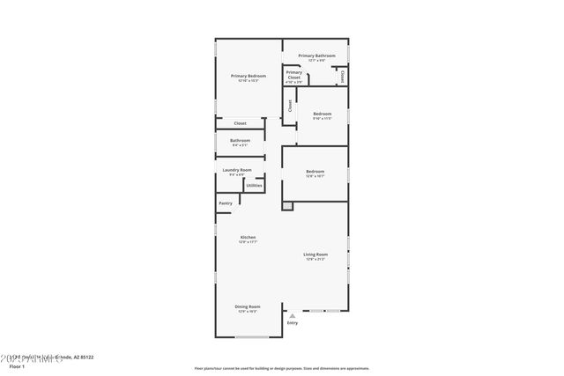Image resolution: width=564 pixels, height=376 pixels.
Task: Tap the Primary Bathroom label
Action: pyautogui.click(x=316, y=55)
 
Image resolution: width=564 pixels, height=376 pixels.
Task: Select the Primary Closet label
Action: pyautogui.click(x=293, y=75)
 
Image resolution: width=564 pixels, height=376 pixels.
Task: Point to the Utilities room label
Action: pyautogui.click(x=254, y=186)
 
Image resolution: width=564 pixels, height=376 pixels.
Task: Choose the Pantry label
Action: pyautogui.click(x=226, y=203)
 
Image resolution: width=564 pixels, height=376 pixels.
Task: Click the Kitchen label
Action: pyautogui.click(x=249, y=237)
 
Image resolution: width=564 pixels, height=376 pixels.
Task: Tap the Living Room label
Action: pyautogui.click(x=315, y=254)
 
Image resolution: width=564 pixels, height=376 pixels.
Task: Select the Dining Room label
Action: pyautogui.click(x=248, y=306)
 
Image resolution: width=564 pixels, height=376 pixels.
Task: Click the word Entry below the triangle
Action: pyautogui.click(x=293, y=323)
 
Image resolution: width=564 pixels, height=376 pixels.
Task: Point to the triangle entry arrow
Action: pyautogui.click(x=293, y=315)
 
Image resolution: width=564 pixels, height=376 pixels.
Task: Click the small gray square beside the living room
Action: pyautogui.click(x=286, y=206)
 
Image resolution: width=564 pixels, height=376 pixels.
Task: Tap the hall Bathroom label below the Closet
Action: pyautogui.click(x=240, y=140)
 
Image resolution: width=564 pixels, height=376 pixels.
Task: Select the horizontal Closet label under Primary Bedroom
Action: pyautogui.click(x=240, y=123)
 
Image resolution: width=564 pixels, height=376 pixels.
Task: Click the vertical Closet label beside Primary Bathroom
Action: pyautogui.click(x=342, y=77)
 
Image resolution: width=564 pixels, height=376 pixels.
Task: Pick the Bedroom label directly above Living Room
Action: pyautogui.click(x=315, y=171)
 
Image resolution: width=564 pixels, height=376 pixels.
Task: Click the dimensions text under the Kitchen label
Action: pyautogui.click(x=249, y=242)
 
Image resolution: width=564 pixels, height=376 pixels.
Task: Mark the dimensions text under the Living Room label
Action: pyautogui.click(x=315, y=260)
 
